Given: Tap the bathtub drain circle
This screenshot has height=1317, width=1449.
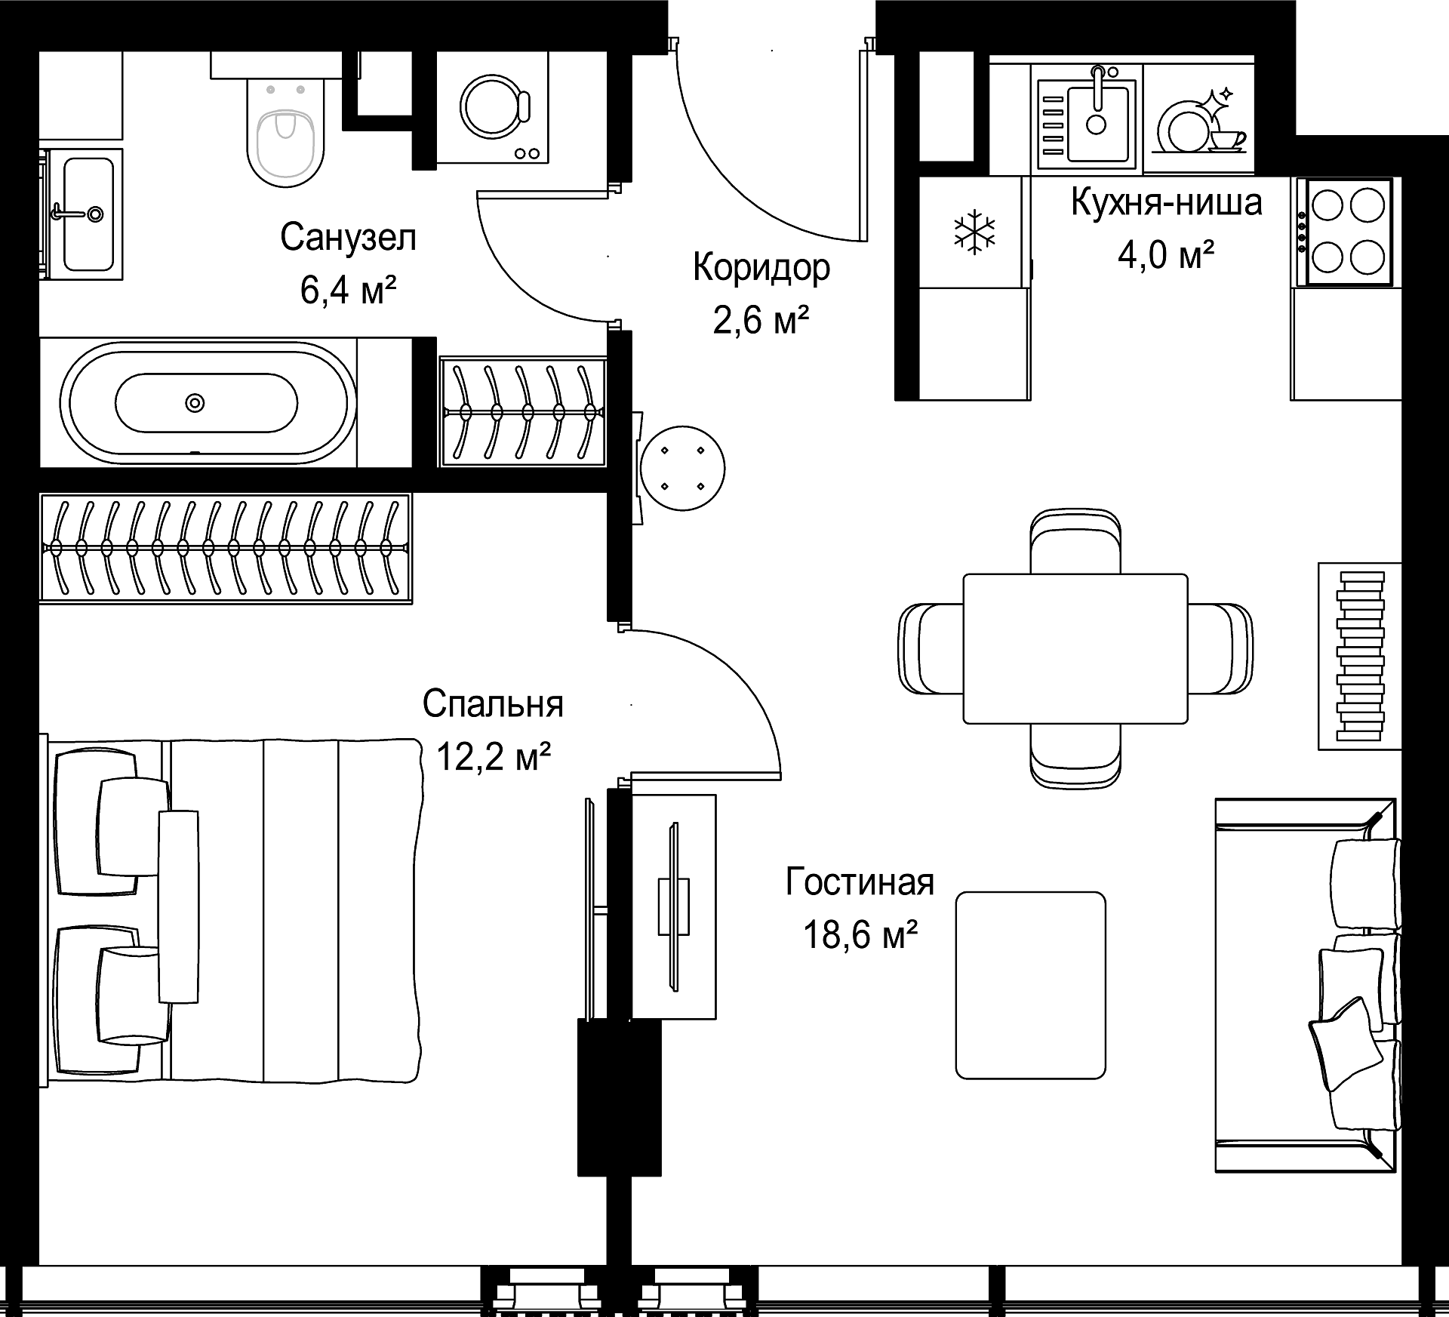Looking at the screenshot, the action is coord(195,403).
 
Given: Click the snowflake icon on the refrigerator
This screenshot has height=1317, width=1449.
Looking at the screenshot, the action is coord(975,232).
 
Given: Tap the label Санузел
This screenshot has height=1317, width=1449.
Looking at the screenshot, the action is coord(348,238).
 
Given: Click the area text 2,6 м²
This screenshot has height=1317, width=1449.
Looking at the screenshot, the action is coord(761,320).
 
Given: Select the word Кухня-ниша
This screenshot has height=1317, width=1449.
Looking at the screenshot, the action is coord(1167,202).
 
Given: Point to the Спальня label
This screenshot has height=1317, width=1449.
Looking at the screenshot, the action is coord(493,703).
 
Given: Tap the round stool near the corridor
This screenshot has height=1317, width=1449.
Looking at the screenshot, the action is coord(682,468).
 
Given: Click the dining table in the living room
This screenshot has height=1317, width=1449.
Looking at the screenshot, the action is coord(1075,648).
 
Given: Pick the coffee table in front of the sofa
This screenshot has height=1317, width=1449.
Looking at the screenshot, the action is coord(1030,985).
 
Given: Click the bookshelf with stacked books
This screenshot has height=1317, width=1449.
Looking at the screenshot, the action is coord(1359,656).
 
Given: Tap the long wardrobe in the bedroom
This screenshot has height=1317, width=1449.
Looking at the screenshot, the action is coord(225,549).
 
